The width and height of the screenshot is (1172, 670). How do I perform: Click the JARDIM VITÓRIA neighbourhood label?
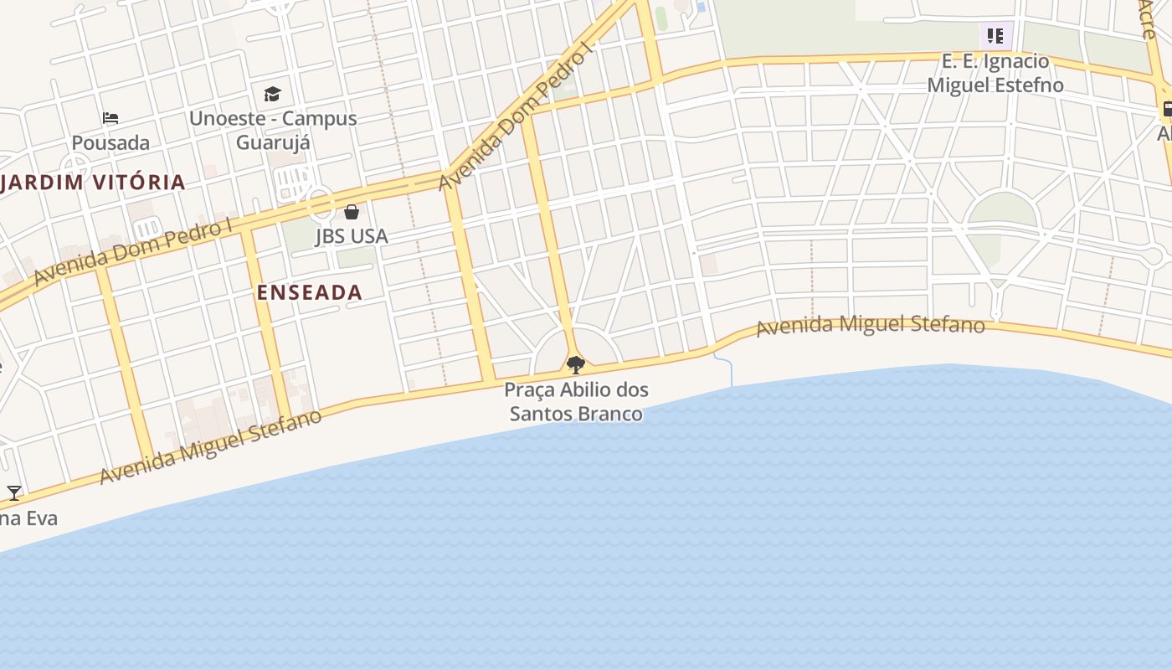pos(93,182)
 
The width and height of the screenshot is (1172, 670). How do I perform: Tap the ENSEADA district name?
pos(310,292)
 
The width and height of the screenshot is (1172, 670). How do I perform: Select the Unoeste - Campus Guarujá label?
pos(273,130)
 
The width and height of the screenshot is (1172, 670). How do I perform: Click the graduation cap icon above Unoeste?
pos(273,94)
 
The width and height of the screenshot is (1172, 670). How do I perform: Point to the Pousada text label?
pos(111,142)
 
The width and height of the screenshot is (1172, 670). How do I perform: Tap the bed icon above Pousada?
pos(111,118)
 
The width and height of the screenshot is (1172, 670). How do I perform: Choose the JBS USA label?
pos(352,236)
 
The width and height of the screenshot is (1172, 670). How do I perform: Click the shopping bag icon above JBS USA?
pos(352,212)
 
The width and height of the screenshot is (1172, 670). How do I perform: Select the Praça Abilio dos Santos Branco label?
pos(576,401)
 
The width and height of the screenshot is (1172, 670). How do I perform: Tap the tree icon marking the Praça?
pos(575,364)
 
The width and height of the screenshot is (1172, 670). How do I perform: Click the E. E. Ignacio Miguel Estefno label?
pos(995,73)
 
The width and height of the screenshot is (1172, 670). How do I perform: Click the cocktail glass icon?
pos(14,492)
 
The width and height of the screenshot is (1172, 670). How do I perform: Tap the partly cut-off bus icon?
pos(1166,109)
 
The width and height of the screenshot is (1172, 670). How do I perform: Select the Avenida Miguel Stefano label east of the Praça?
pos(870,324)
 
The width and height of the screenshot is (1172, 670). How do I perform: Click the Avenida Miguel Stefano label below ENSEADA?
pos(210,447)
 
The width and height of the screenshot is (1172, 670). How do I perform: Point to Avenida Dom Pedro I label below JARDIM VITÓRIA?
pos(134,251)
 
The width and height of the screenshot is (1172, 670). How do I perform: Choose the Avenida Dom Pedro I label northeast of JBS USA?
pos(516,115)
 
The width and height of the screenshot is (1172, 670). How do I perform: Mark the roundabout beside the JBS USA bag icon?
pos(320,203)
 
